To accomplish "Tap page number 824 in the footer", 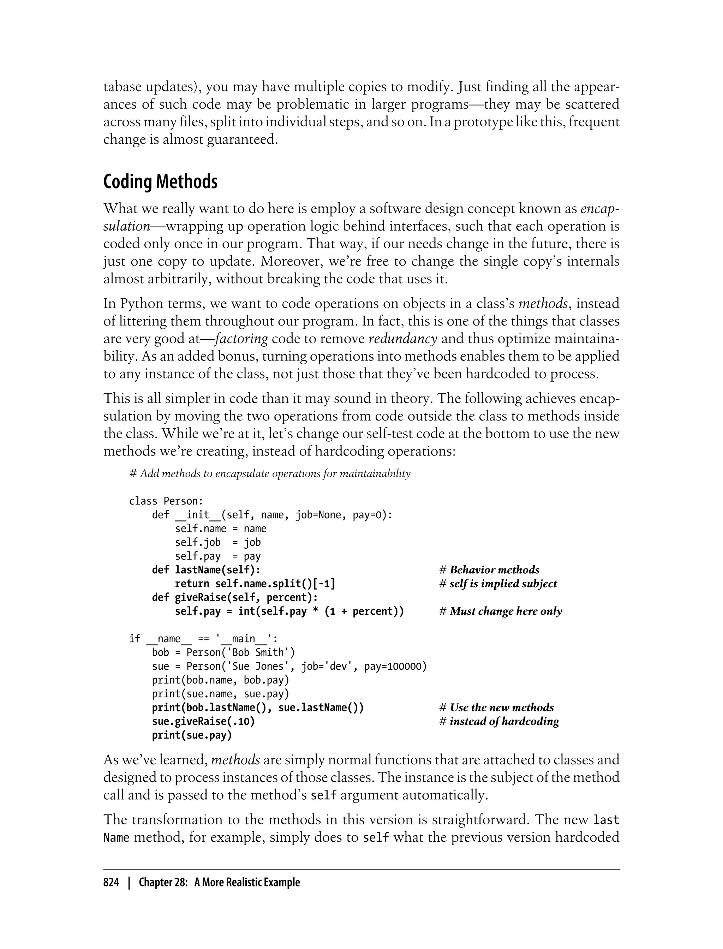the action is pyautogui.click(x=111, y=882).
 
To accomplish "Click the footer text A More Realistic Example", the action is pyautogui.click(x=247, y=882).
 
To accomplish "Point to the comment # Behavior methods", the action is pyautogui.click(x=489, y=570).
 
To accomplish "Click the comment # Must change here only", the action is pyautogui.click(x=501, y=611).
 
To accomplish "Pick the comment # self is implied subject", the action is pyautogui.click(x=498, y=584).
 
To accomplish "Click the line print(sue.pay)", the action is pyautogui.click(x=192, y=735).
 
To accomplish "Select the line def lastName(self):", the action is pyautogui.click(x=206, y=570).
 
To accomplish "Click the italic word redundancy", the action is pyautogui.click(x=403, y=339).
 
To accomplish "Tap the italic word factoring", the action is pyautogui.click(x=241, y=339).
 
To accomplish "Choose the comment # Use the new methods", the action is pyautogui.click(x=497, y=708).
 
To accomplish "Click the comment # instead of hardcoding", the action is pyautogui.click(x=499, y=721).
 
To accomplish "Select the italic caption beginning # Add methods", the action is pyautogui.click(x=270, y=474).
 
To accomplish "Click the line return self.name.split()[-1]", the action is pyautogui.click(x=255, y=584).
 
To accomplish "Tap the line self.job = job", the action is pyautogui.click(x=218, y=542).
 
